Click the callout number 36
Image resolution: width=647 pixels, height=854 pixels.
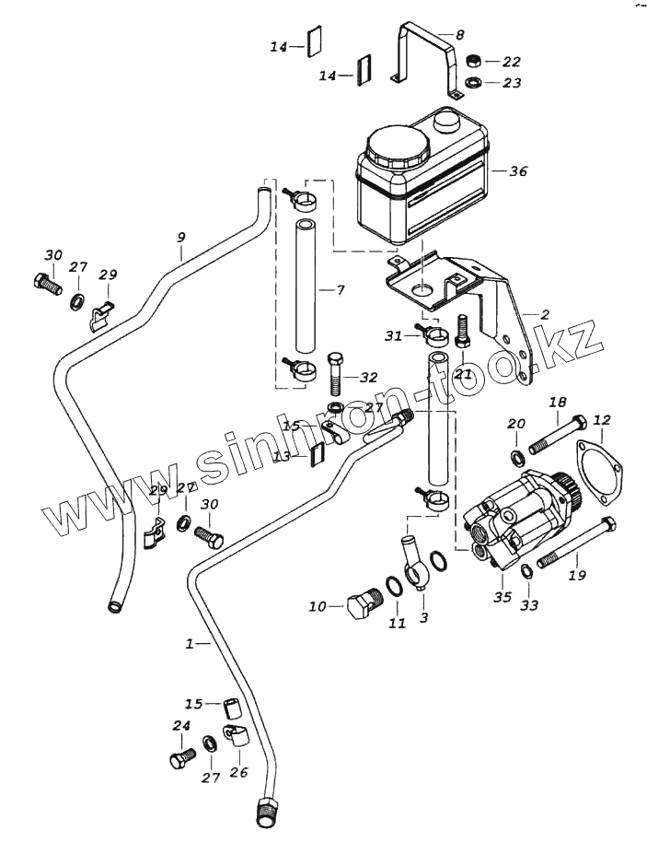tap(519, 170)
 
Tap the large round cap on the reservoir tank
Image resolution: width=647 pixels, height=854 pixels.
tap(397, 145)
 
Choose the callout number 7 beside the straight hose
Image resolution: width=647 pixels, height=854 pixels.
tap(340, 290)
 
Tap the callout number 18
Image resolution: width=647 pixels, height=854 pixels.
tap(558, 402)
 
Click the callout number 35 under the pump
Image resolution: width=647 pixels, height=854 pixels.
tap(503, 598)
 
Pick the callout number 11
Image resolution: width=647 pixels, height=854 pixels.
tap(397, 624)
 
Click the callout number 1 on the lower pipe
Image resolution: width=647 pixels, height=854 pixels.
tap(191, 645)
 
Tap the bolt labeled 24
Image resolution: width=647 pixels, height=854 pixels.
tap(181, 758)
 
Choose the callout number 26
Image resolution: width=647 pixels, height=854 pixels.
tap(238, 772)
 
